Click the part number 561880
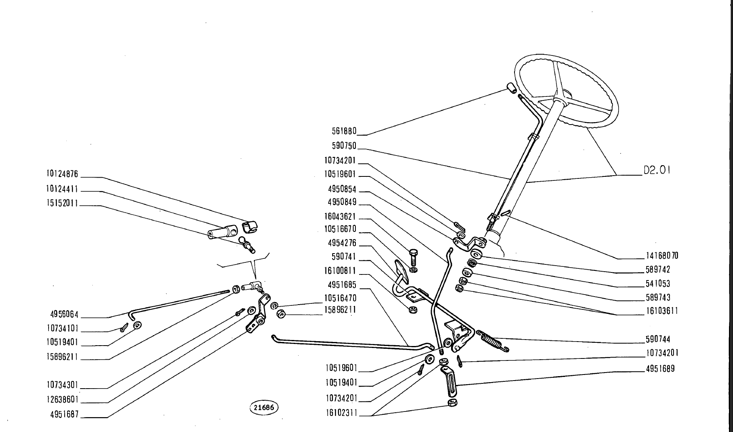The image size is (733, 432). [344, 131]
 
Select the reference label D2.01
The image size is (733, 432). [657, 170]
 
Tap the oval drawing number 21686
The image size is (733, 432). [264, 407]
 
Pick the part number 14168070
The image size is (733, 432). [662, 256]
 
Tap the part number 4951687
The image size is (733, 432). [64, 414]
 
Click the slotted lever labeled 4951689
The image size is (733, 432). [449, 380]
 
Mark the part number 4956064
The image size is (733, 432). [64, 315]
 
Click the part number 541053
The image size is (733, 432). [658, 284]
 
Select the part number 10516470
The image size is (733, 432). [340, 299]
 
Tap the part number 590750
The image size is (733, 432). [344, 145]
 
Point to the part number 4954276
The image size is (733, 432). [342, 244]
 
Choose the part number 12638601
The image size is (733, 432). [62, 399]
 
